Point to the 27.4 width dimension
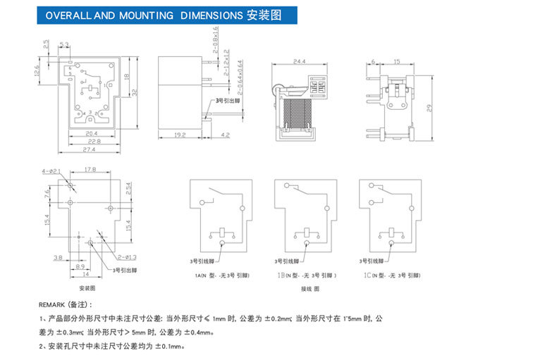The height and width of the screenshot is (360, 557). [90, 149]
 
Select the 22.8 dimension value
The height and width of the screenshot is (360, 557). [90, 141]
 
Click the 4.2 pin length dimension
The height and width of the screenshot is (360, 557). [226, 134]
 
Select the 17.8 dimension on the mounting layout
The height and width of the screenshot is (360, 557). [90, 170]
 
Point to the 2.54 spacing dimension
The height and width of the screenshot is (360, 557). [128, 190]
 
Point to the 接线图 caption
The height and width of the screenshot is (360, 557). [310, 289]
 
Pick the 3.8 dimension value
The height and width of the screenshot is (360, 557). [57, 258]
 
